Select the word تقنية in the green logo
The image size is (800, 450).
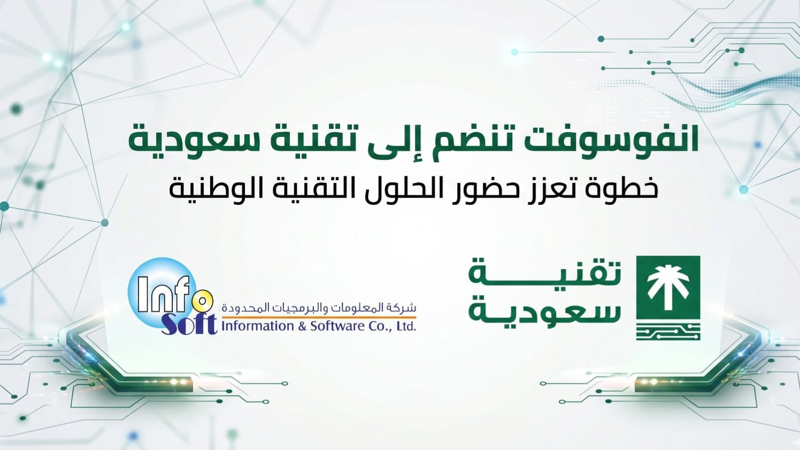pos(545,275)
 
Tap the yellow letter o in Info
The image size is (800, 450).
pos(201,301)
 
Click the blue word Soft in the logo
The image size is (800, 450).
pos(189,324)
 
